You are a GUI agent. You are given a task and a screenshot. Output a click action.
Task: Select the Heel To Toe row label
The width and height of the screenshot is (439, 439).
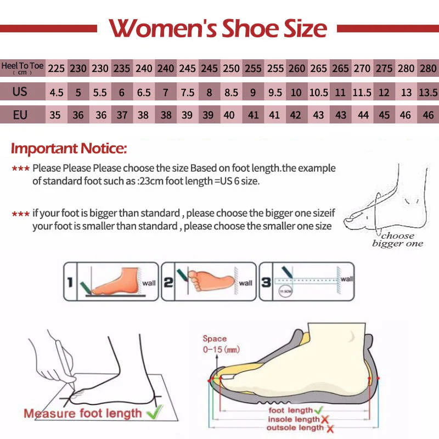[22, 68]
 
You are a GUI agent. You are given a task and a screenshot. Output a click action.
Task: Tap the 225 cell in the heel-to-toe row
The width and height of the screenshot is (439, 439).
[56, 69]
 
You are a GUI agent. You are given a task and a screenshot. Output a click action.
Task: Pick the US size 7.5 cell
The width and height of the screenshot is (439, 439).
[187, 92]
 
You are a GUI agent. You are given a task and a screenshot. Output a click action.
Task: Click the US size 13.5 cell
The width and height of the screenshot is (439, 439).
[427, 92]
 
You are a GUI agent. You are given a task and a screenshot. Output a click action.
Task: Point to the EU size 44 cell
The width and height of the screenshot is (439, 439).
[362, 115]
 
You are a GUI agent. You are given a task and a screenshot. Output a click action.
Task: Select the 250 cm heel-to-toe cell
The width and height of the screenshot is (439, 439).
[231, 69]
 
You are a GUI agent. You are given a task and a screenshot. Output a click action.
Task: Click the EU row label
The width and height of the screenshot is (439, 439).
[20, 115]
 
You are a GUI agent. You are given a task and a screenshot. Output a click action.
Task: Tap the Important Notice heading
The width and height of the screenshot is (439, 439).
[69, 148]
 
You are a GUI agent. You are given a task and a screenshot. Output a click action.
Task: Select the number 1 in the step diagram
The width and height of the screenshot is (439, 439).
[70, 283]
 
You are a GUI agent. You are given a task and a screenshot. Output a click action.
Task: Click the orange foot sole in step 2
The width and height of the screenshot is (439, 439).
[209, 280]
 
